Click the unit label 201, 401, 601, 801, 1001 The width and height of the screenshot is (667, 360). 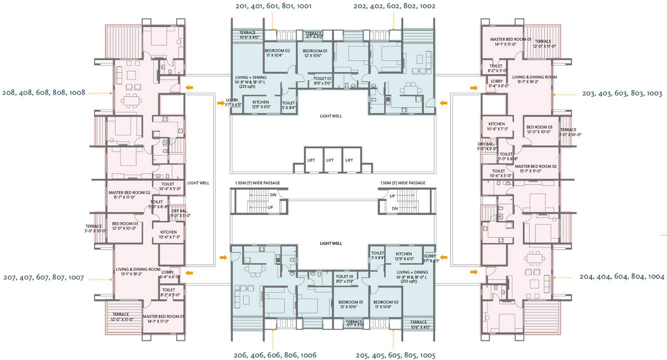point(273,6)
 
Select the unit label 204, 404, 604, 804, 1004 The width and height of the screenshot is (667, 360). point(622,277)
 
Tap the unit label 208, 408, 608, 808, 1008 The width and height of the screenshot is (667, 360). point(43,92)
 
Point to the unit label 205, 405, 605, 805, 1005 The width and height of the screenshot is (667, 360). point(395,356)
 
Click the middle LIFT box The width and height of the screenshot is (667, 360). point(330,160)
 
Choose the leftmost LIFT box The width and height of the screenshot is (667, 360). point(311,160)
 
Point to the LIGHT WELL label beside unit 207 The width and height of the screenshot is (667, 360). point(198,183)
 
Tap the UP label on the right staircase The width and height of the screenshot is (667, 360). point(392,196)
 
